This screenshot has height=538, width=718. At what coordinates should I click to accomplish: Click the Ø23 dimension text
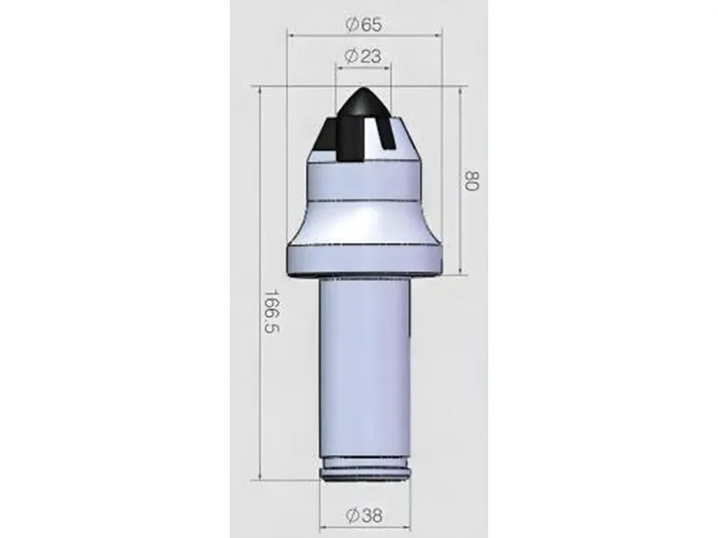[x=363, y=56]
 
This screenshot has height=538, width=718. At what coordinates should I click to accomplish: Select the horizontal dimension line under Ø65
[x=363, y=34]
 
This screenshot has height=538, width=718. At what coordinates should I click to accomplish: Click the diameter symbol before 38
[x=350, y=516]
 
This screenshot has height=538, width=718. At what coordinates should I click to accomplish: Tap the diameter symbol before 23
[x=350, y=56]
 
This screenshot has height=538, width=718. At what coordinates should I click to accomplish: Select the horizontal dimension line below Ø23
[x=363, y=67]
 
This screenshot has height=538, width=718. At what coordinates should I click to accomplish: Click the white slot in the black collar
[x=387, y=138]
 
